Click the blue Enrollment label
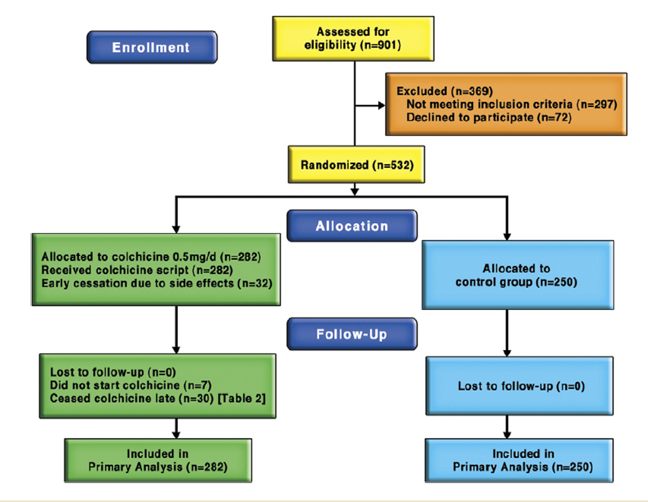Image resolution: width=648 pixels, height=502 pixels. pos(152,47)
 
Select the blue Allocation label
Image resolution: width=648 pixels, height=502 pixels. pos(352,226)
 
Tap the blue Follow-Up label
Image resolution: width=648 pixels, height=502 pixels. pos(352,334)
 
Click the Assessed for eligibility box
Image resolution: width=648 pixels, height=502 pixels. pos(353,39)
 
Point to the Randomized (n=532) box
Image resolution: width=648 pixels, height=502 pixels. pos(356,165)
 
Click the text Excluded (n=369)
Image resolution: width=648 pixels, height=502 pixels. pos(444,91)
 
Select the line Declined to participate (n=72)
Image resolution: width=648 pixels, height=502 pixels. pos(489,117)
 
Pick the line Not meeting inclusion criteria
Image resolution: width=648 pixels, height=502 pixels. pos(511,104)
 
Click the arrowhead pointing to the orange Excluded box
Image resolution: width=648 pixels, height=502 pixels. pos(381,105)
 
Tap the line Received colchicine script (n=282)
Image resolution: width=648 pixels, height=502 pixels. pos(137,270)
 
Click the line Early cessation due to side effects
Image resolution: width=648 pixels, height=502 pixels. pos(156,283)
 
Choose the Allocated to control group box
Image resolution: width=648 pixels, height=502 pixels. pos(517,275)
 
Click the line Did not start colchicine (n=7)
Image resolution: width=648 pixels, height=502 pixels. pos(130,385)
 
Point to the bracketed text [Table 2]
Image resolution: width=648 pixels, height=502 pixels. pos(241,398)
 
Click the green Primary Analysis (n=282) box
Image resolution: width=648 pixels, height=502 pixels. pos(158,461)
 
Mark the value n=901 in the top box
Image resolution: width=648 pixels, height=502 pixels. pos(382,45)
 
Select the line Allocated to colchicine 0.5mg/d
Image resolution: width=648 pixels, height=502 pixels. pos(150,257)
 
